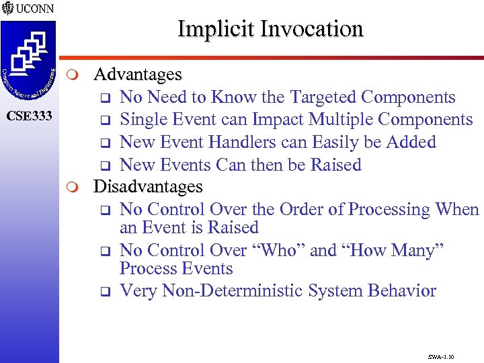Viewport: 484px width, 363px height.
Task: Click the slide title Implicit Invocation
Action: [270, 29]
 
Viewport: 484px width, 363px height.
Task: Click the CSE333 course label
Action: [29, 116]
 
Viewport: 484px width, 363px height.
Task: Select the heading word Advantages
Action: [138, 74]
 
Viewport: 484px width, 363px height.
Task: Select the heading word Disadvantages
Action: [148, 186]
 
